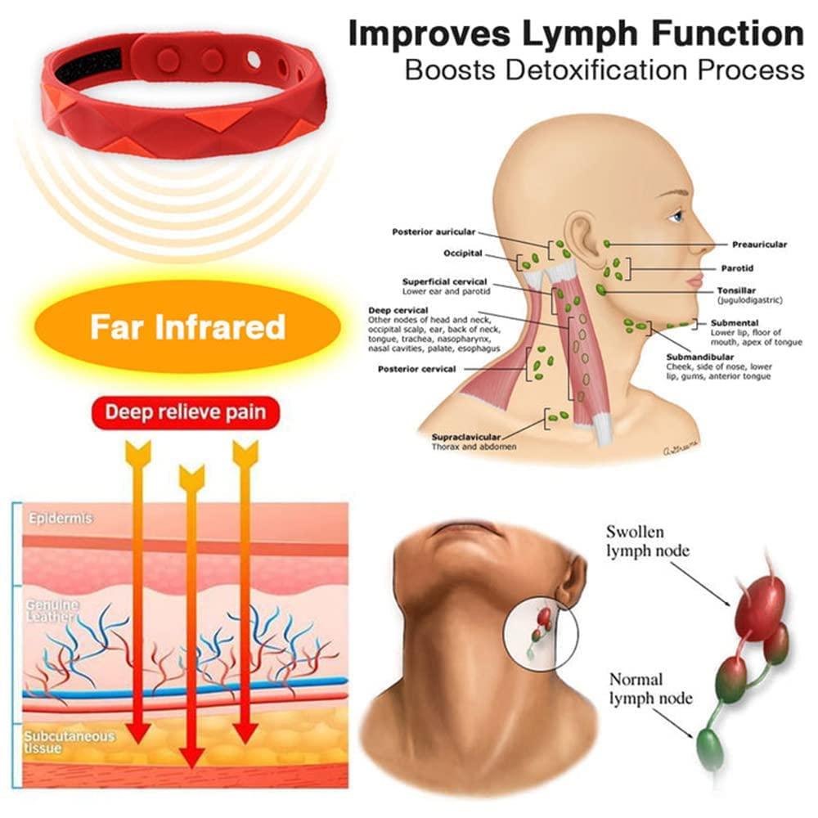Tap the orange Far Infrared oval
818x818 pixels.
187,326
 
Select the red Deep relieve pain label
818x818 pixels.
187,411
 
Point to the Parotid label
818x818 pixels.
736,268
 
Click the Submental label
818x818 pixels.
735,323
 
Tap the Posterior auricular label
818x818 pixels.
434,231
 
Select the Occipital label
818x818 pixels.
462,254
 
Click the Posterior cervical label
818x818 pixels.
416,369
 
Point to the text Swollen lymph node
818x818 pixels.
647,541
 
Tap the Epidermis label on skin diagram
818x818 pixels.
60,519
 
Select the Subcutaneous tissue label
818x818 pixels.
69,742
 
